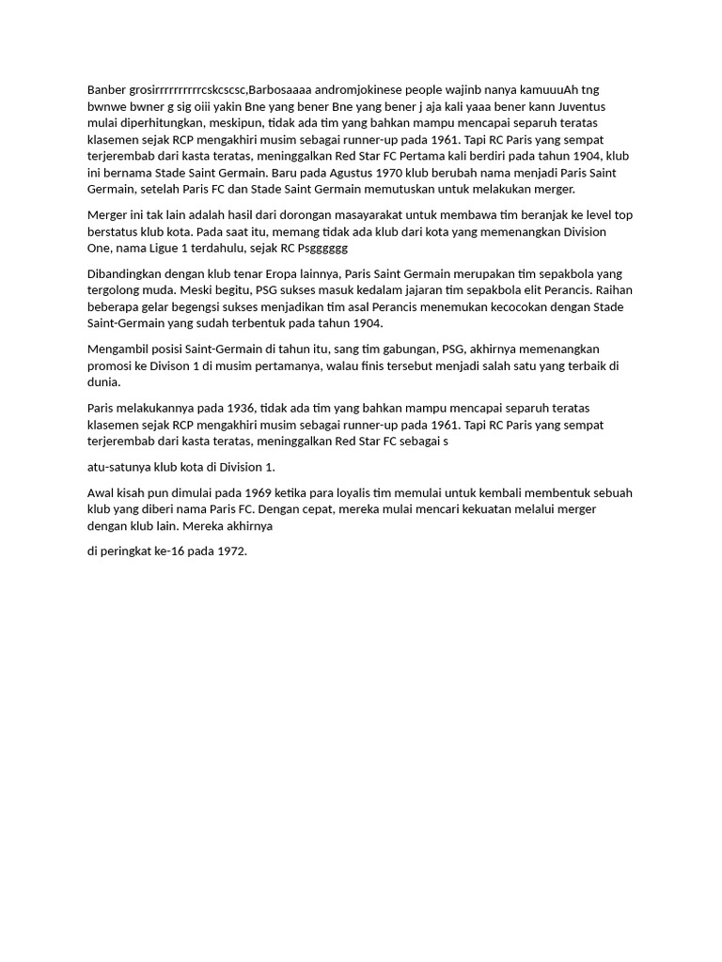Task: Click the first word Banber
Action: [105, 89]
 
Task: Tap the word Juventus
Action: [605, 106]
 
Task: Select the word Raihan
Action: [616, 290]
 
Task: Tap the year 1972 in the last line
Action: [231, 551]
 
